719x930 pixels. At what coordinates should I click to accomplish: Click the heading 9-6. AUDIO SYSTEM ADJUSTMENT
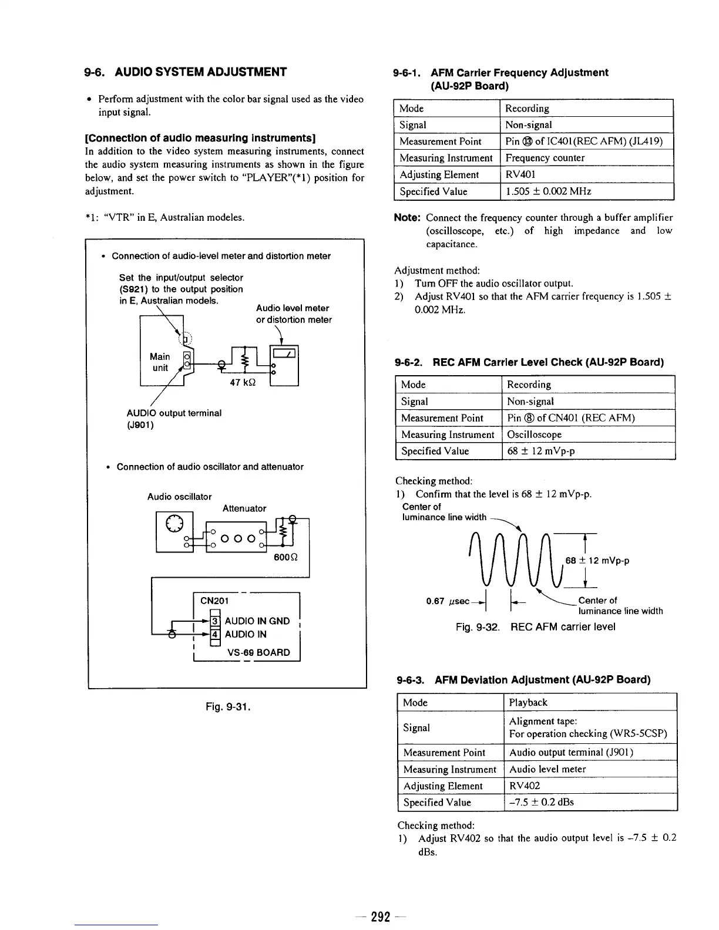(186, 72)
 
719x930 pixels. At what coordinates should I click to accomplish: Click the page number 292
(381, 916)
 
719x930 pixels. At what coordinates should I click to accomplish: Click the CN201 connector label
(214, 601)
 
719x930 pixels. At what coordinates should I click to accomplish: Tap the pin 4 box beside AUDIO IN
(216, 634)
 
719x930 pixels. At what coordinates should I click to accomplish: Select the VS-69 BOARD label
(258, 652)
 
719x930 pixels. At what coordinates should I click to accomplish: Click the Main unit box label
(160, 362)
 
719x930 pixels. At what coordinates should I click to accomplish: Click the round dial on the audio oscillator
(174, 522)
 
